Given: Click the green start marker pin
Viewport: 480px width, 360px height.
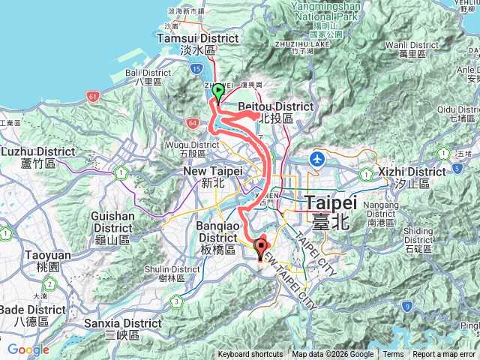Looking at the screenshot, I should click(x=218, y=92).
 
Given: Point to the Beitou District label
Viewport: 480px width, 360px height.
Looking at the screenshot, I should click(x=275, y=112).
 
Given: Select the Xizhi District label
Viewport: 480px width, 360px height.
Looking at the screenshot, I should click(x=402, y=177).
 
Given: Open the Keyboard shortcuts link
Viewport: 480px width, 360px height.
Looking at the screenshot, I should click(x=250, y=355).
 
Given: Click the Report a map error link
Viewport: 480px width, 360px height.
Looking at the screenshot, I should click(x=445, y=355).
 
